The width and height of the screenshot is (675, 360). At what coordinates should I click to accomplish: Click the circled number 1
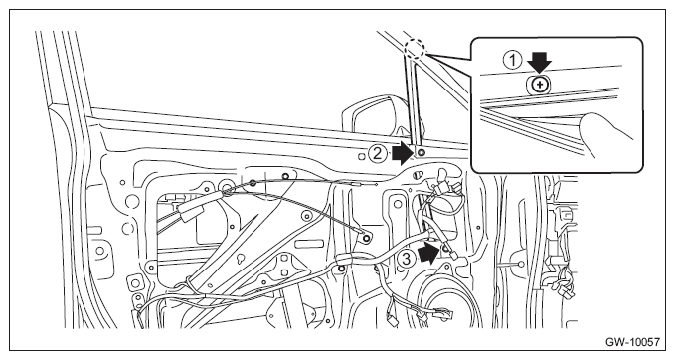(513, 60)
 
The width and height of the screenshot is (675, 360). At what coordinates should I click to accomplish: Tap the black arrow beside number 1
(540, 61)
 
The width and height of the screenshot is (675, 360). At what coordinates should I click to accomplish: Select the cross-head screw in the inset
(539, 86)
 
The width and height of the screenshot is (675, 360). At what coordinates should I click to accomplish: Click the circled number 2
(377, 154)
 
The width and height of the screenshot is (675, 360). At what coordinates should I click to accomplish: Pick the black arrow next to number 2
(403, 154)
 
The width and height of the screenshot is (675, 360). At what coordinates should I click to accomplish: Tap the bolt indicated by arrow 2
(421, 152)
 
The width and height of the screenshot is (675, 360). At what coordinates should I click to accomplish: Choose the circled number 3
(406, 259)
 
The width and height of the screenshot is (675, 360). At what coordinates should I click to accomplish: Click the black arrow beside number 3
(428, 252)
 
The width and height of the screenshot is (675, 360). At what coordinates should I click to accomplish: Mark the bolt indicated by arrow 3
(445, 248)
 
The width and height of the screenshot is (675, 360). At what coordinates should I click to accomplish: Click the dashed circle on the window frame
(416, 49)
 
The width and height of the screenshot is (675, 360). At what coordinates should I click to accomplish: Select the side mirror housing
(375, 116)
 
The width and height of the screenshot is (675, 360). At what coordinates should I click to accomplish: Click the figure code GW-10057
(632, 342)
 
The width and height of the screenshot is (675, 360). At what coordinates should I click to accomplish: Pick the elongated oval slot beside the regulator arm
(309, 245)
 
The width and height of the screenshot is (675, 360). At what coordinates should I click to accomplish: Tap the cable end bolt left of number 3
(367, 238)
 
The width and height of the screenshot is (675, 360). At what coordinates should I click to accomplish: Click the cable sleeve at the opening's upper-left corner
(193, 212)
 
